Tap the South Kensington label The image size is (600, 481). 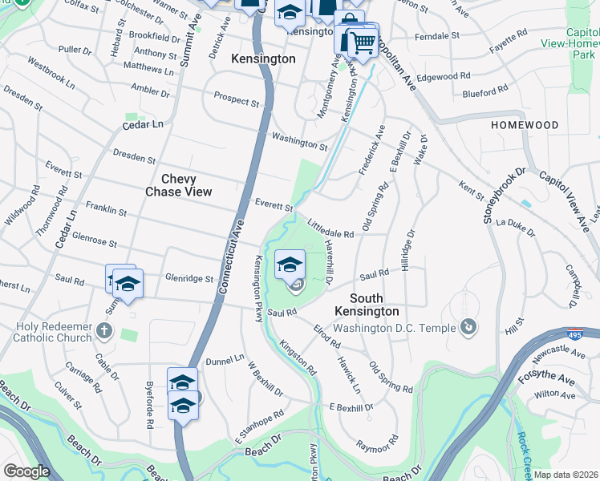(367, 304)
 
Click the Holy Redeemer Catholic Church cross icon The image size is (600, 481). (103, 330)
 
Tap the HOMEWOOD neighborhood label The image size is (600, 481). (525, 126)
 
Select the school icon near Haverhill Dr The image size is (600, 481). (290, 263)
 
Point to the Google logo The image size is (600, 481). (26, 471)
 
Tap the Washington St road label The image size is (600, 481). (299, 142)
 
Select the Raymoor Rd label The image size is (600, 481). (377, 443)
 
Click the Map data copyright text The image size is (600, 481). (566, 475)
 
